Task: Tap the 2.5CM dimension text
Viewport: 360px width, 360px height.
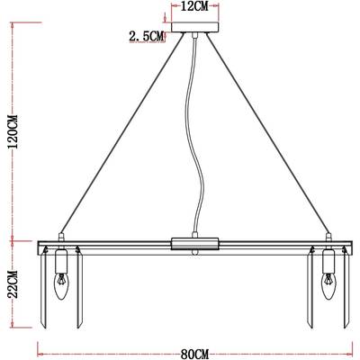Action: (147, 36)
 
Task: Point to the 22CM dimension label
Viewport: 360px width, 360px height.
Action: (10, 286)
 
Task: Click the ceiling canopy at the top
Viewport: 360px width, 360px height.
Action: (193, 36)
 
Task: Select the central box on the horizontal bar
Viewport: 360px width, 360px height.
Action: (193, 243)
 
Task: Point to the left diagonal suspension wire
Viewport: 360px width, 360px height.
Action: (121, 135)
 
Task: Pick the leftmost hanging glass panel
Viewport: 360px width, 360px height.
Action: (44, 288)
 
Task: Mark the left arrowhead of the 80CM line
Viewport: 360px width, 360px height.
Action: (40, 345)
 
